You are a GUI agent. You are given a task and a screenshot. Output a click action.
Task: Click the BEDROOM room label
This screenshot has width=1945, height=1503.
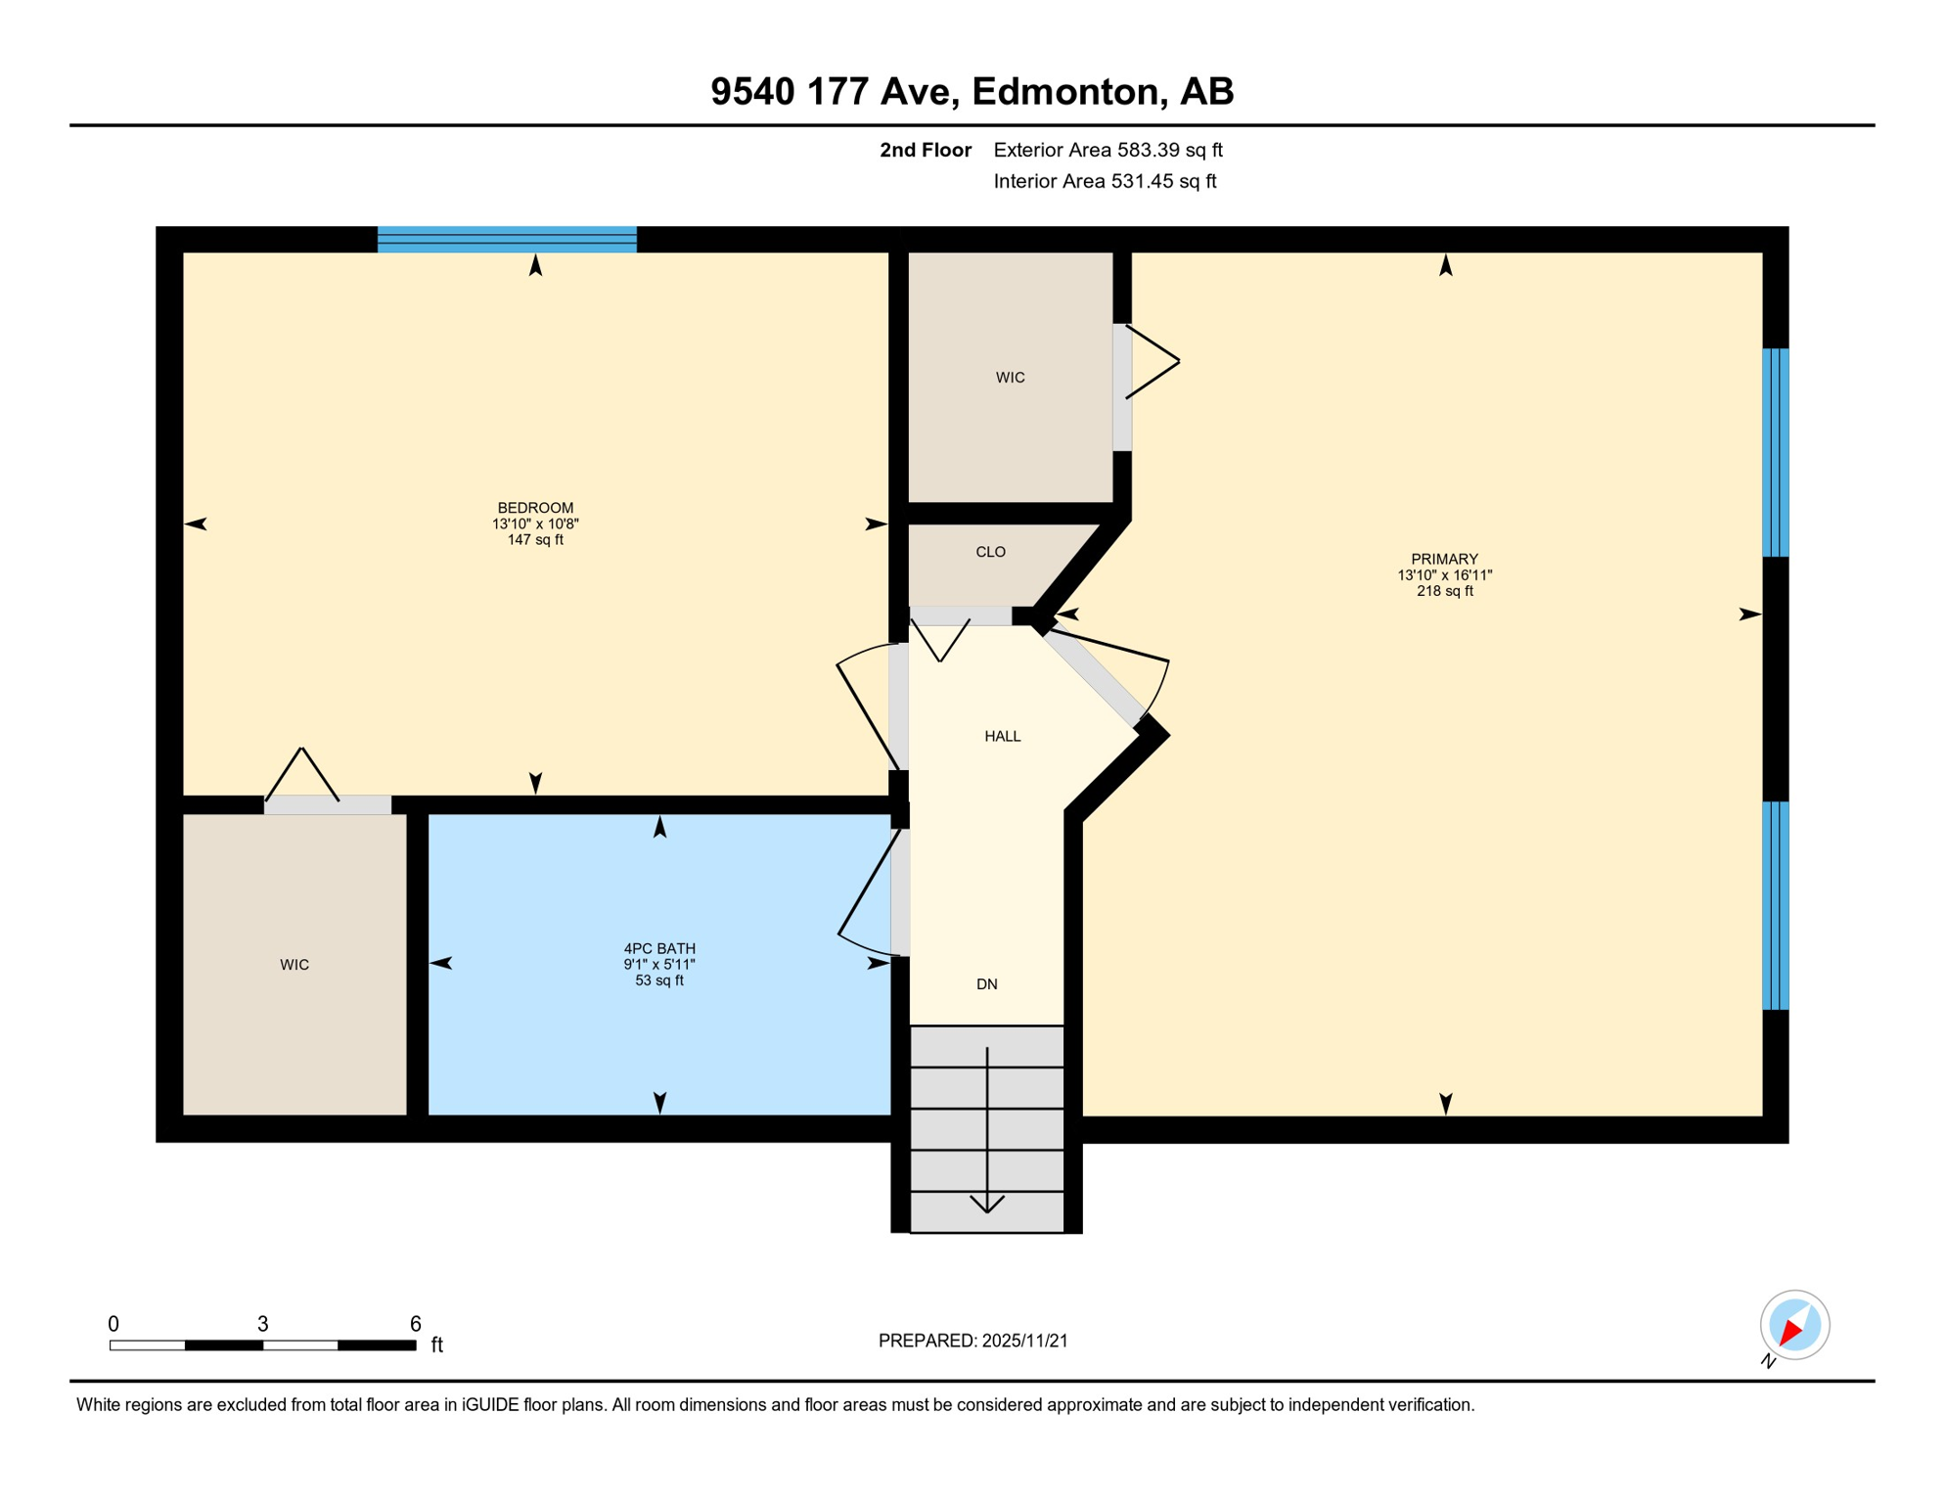point(535,508)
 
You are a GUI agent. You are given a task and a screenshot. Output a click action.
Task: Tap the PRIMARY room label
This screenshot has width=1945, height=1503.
point(1444,559)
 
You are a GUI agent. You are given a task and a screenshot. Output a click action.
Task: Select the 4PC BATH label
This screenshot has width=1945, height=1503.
point(659,948)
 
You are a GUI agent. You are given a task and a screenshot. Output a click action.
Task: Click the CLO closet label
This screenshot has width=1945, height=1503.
point(990,552)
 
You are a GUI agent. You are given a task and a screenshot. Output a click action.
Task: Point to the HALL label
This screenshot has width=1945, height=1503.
point(1002,736)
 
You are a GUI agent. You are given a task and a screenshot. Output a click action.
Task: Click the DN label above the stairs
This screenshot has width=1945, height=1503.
point(986,984)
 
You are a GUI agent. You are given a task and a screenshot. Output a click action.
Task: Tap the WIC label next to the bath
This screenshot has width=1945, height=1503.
point(294,965)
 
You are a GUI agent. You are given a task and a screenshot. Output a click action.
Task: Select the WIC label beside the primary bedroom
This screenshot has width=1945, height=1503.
point(1010,378)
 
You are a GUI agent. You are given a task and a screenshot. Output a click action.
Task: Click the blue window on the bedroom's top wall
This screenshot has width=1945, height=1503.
point(507,240)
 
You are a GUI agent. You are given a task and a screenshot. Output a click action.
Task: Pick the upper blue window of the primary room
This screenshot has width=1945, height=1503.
point(1775,452)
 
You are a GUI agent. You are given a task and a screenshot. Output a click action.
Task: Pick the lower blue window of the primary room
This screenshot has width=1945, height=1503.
point(1775,905)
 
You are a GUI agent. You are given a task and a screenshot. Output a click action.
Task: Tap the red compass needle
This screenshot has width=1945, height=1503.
point(1790,1331)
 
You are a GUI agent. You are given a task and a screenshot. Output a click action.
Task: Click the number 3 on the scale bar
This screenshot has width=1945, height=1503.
point(262,1324)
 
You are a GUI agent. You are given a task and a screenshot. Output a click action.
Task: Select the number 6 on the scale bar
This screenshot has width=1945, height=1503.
point(415,1324)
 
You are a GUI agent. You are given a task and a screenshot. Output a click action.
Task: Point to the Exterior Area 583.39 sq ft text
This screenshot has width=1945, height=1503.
point(1108,150)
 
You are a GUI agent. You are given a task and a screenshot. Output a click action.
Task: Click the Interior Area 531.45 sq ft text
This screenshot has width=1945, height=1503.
point(1105,181)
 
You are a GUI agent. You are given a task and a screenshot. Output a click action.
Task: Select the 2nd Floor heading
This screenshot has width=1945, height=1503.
point(925,150)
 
